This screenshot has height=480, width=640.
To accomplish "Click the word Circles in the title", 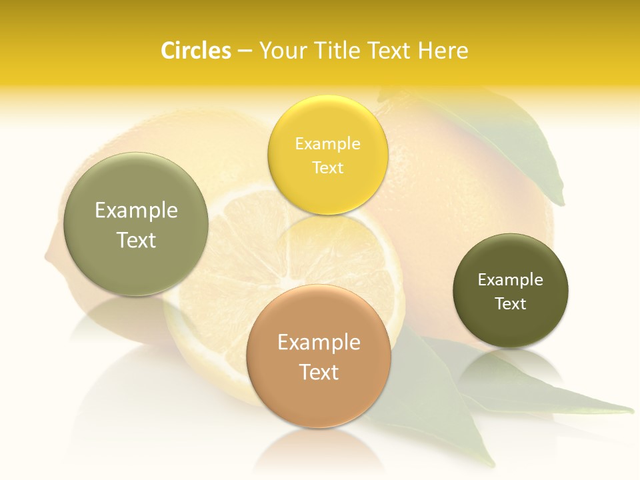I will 196,51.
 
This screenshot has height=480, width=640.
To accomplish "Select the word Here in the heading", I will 443,51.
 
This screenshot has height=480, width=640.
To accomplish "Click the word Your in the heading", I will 281,51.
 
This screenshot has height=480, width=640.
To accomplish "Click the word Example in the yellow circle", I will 327,144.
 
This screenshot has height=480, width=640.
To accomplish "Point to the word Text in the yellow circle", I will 327,167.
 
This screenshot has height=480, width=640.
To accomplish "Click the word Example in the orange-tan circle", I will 319,343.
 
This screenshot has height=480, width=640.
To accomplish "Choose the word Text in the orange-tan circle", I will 319,372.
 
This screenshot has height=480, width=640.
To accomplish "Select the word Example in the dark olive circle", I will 511,280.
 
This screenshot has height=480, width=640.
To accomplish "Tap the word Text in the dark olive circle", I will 511,304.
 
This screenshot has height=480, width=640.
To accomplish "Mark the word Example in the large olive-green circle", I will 136,211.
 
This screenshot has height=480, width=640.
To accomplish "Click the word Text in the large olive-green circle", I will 136,240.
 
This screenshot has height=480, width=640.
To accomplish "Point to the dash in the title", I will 245,51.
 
